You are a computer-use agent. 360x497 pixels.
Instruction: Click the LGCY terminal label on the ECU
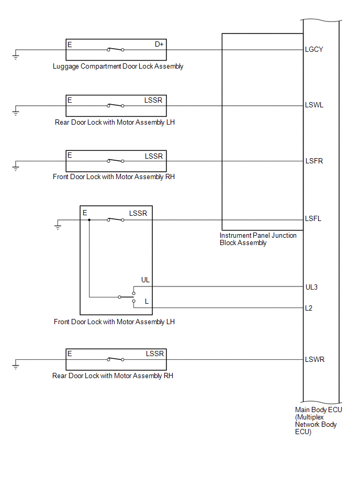coord(314,49)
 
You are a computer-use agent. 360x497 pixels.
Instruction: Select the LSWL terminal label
coord(314,105)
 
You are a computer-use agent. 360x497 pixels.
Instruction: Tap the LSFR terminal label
coord(314,161)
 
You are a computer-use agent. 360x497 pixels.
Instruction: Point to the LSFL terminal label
coord(313,219)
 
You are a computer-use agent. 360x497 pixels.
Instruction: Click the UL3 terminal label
coord(311,287)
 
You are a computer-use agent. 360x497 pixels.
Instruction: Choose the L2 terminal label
coord(309,308)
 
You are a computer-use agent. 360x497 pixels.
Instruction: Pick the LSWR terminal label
coord(314,359)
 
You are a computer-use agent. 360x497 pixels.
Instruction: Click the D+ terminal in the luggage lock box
coord(159,45)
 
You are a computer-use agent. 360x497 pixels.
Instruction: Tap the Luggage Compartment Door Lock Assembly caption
coord(118,66)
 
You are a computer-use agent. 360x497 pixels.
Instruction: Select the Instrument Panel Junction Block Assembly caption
coord(258,239)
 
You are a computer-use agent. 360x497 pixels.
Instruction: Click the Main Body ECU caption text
coord(319,421)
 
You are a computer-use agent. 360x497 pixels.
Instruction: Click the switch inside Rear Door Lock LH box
coord(116,105)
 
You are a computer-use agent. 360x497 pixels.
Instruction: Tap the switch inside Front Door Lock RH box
coord(116,161)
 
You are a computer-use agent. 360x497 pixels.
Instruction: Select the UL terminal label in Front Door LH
coord(145,280)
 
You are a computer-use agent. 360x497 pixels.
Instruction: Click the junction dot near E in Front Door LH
coord(89,220)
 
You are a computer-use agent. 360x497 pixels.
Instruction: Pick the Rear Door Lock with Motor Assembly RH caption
coord(113,376)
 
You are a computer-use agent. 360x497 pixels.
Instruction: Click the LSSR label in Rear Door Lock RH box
coord(155,354)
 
